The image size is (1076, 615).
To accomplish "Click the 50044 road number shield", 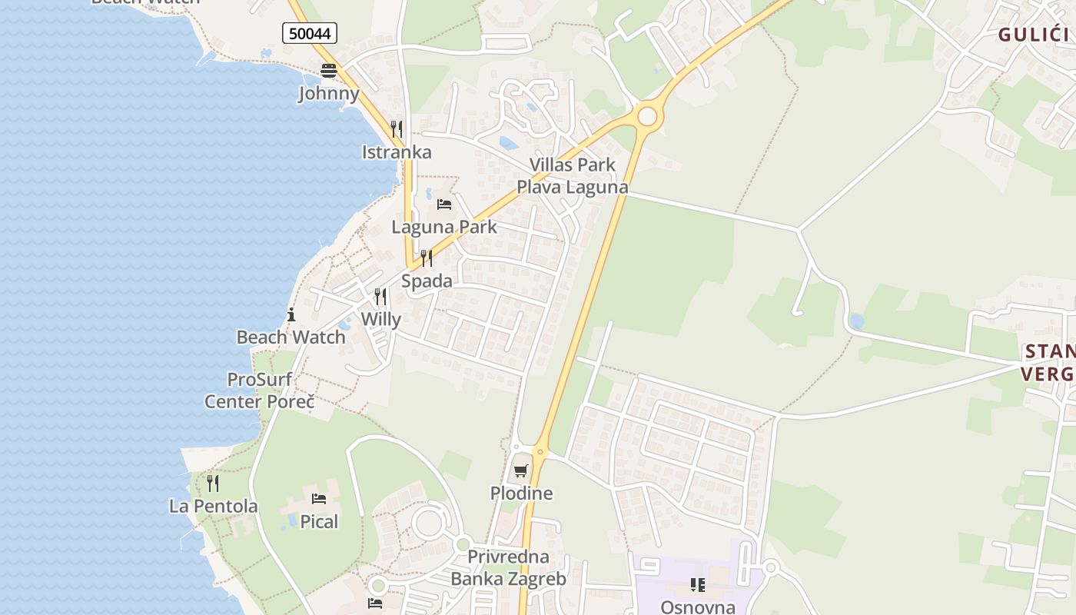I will coord(310,33).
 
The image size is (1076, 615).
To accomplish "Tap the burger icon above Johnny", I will coord(329,71).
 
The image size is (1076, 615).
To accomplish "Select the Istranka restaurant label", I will coord(397,152).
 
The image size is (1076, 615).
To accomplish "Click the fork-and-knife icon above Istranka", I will coord(397,129).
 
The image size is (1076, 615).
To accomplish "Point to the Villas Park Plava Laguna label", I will coord(572,176).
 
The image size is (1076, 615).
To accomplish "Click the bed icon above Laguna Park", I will coord(444,204).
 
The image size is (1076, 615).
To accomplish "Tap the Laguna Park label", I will coord(444,227).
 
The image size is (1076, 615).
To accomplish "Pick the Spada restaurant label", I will coord(427,281).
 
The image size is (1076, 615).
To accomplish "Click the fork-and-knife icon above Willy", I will coord(380,297).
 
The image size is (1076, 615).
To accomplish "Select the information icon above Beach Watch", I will coord(291,314).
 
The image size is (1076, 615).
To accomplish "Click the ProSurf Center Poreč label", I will coord(260,391).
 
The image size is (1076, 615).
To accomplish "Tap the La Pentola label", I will coord(213,507).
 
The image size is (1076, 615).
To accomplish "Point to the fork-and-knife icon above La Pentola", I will coord(213,484).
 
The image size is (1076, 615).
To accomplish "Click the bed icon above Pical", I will coord(319,499).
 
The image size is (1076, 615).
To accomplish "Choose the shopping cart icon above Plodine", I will coord(521,470).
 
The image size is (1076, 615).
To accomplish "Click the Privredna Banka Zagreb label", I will coord(508,567).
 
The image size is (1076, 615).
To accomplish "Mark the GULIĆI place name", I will coord(1034,34).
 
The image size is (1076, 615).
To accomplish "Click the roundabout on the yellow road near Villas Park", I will coord(648,116).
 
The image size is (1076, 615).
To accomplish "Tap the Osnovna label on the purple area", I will coord(698,607).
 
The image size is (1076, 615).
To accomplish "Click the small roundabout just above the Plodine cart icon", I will coord(540,451).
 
